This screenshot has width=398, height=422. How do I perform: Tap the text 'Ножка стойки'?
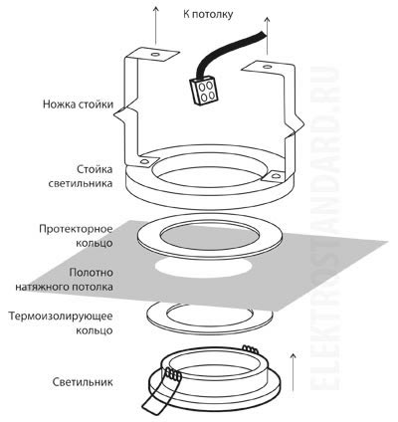[77, 104]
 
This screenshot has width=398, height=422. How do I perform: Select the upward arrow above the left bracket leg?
[156, 22]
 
